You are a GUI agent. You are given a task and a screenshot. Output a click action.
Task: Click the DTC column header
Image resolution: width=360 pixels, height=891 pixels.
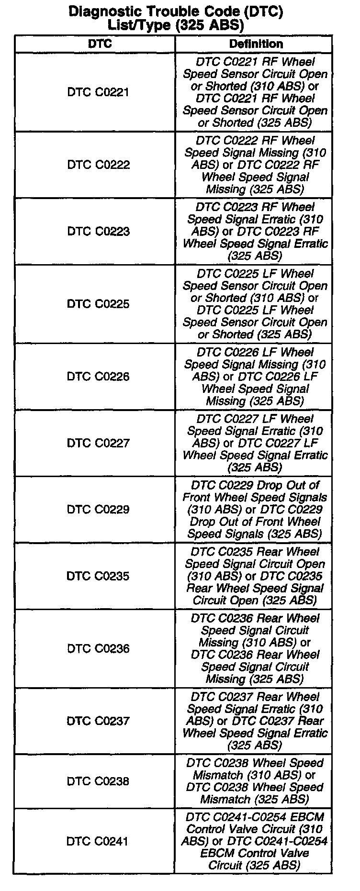100,44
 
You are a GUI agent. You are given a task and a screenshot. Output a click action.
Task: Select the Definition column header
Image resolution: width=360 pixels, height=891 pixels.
256,44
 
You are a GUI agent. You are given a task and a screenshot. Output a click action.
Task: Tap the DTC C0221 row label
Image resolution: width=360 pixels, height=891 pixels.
98,92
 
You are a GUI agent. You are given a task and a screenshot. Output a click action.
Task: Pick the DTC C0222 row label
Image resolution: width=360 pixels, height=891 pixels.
98,165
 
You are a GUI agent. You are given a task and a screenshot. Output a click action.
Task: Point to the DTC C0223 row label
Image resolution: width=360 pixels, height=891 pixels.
98,232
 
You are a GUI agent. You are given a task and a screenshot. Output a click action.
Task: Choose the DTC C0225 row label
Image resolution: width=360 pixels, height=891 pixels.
98,304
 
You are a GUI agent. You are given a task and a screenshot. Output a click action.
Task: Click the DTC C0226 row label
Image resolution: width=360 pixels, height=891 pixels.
98,377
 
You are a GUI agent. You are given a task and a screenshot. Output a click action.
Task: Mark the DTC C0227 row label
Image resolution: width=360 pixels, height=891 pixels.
98,443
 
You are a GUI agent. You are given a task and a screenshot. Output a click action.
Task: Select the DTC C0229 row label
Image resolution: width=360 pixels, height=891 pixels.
98,510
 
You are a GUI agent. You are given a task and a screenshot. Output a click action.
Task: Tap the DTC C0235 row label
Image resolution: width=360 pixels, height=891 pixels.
98,576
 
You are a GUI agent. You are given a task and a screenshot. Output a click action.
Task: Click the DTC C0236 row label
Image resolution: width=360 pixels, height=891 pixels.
98,648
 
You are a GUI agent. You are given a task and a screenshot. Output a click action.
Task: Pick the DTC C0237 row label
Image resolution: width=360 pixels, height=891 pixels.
98,721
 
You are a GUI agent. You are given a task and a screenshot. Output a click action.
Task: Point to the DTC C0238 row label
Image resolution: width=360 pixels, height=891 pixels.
98,781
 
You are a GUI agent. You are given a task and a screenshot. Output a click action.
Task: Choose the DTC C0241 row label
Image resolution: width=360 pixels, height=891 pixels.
98,841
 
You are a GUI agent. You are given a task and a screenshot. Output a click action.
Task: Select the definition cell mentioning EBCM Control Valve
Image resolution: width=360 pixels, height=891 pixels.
254,841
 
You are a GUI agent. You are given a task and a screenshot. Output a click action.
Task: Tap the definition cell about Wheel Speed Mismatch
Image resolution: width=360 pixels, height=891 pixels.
254,781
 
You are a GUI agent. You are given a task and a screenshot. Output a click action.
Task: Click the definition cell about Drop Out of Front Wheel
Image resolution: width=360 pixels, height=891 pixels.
254,510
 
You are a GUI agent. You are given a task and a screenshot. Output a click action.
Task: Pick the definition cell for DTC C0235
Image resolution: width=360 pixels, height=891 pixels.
254,576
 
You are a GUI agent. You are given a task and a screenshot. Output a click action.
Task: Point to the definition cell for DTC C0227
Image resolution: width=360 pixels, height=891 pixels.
254,443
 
